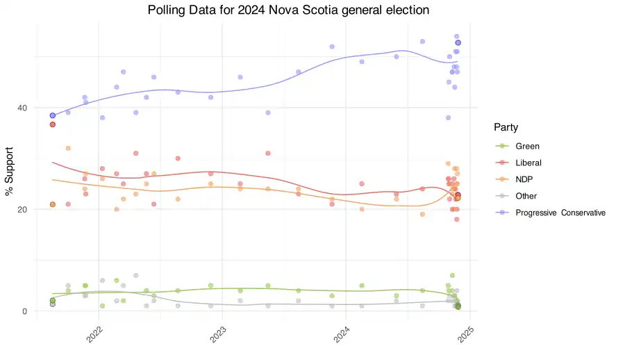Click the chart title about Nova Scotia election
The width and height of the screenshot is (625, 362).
(x=288, y=10)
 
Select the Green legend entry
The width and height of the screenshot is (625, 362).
(x=527, y=147)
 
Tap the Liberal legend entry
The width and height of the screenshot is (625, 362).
(x=528, y=163)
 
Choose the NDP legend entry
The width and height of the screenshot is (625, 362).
(x=525, y=179)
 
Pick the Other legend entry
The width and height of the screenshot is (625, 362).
(x=526, y=196)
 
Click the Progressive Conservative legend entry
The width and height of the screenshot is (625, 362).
(x=560, y=213)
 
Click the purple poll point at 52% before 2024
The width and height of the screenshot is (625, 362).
(x=332, y=47)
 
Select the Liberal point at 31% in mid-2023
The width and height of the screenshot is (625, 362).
(x=268, y=154)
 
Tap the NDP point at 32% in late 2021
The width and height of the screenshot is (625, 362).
(x=68, y=148)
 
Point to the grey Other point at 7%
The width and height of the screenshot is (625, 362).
(x=136, y=276)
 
